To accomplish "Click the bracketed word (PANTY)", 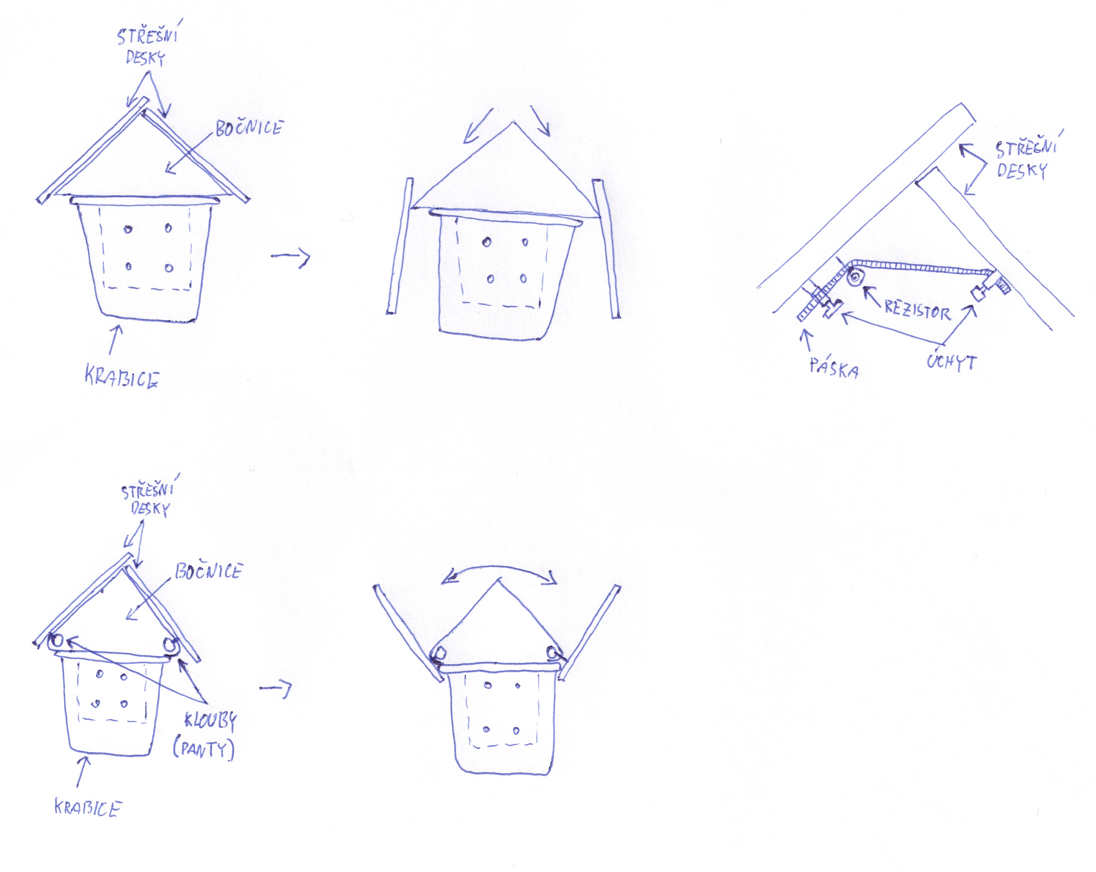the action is pos(204,749).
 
